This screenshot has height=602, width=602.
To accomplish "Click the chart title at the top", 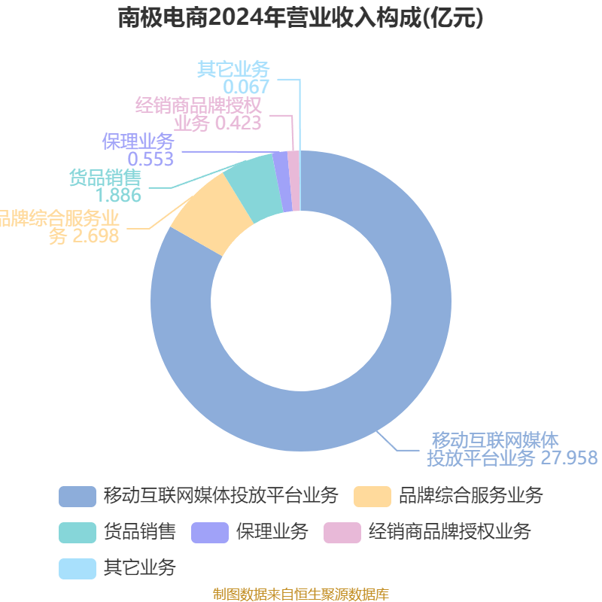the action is click(x=300, y=18).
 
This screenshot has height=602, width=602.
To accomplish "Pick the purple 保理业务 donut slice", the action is click(x=283, y=181).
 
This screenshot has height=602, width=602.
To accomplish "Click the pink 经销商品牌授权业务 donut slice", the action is click(x=293, y=181).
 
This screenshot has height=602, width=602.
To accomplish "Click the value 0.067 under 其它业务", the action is click(x=246, y=87).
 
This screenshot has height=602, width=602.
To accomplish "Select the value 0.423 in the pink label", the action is click(x=238, y=123).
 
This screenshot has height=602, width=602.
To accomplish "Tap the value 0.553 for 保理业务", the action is click(x=150, y=159).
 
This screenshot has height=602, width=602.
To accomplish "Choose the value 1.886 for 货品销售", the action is click(x=118, y=195).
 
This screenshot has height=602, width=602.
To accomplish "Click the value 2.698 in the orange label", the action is click(x=96, y=236).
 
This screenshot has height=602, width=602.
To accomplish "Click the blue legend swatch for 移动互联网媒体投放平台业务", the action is click(x=78, y=497).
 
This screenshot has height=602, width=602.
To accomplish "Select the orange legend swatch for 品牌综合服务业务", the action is click(x=372, y=497).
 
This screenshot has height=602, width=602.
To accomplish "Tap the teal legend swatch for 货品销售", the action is click(x=78, y=533).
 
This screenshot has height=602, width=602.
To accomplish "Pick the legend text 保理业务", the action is click(x=272, y=532).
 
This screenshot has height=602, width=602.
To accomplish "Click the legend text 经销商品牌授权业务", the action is click(x=449, y=532).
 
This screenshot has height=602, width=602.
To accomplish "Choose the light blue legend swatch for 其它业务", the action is click(x=78, y=569).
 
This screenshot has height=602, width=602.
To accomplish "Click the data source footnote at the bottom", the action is click(x=301, y=594).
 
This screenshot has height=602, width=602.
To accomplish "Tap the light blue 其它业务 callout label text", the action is click(x=233, y=70).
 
